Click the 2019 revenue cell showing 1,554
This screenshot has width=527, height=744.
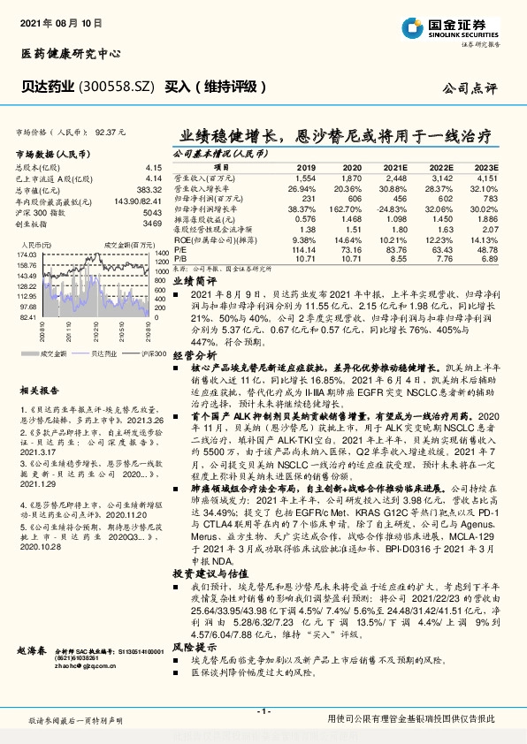[306, 178]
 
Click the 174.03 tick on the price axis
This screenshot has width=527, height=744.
[25, 254]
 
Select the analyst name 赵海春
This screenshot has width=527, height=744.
[31, 650]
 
